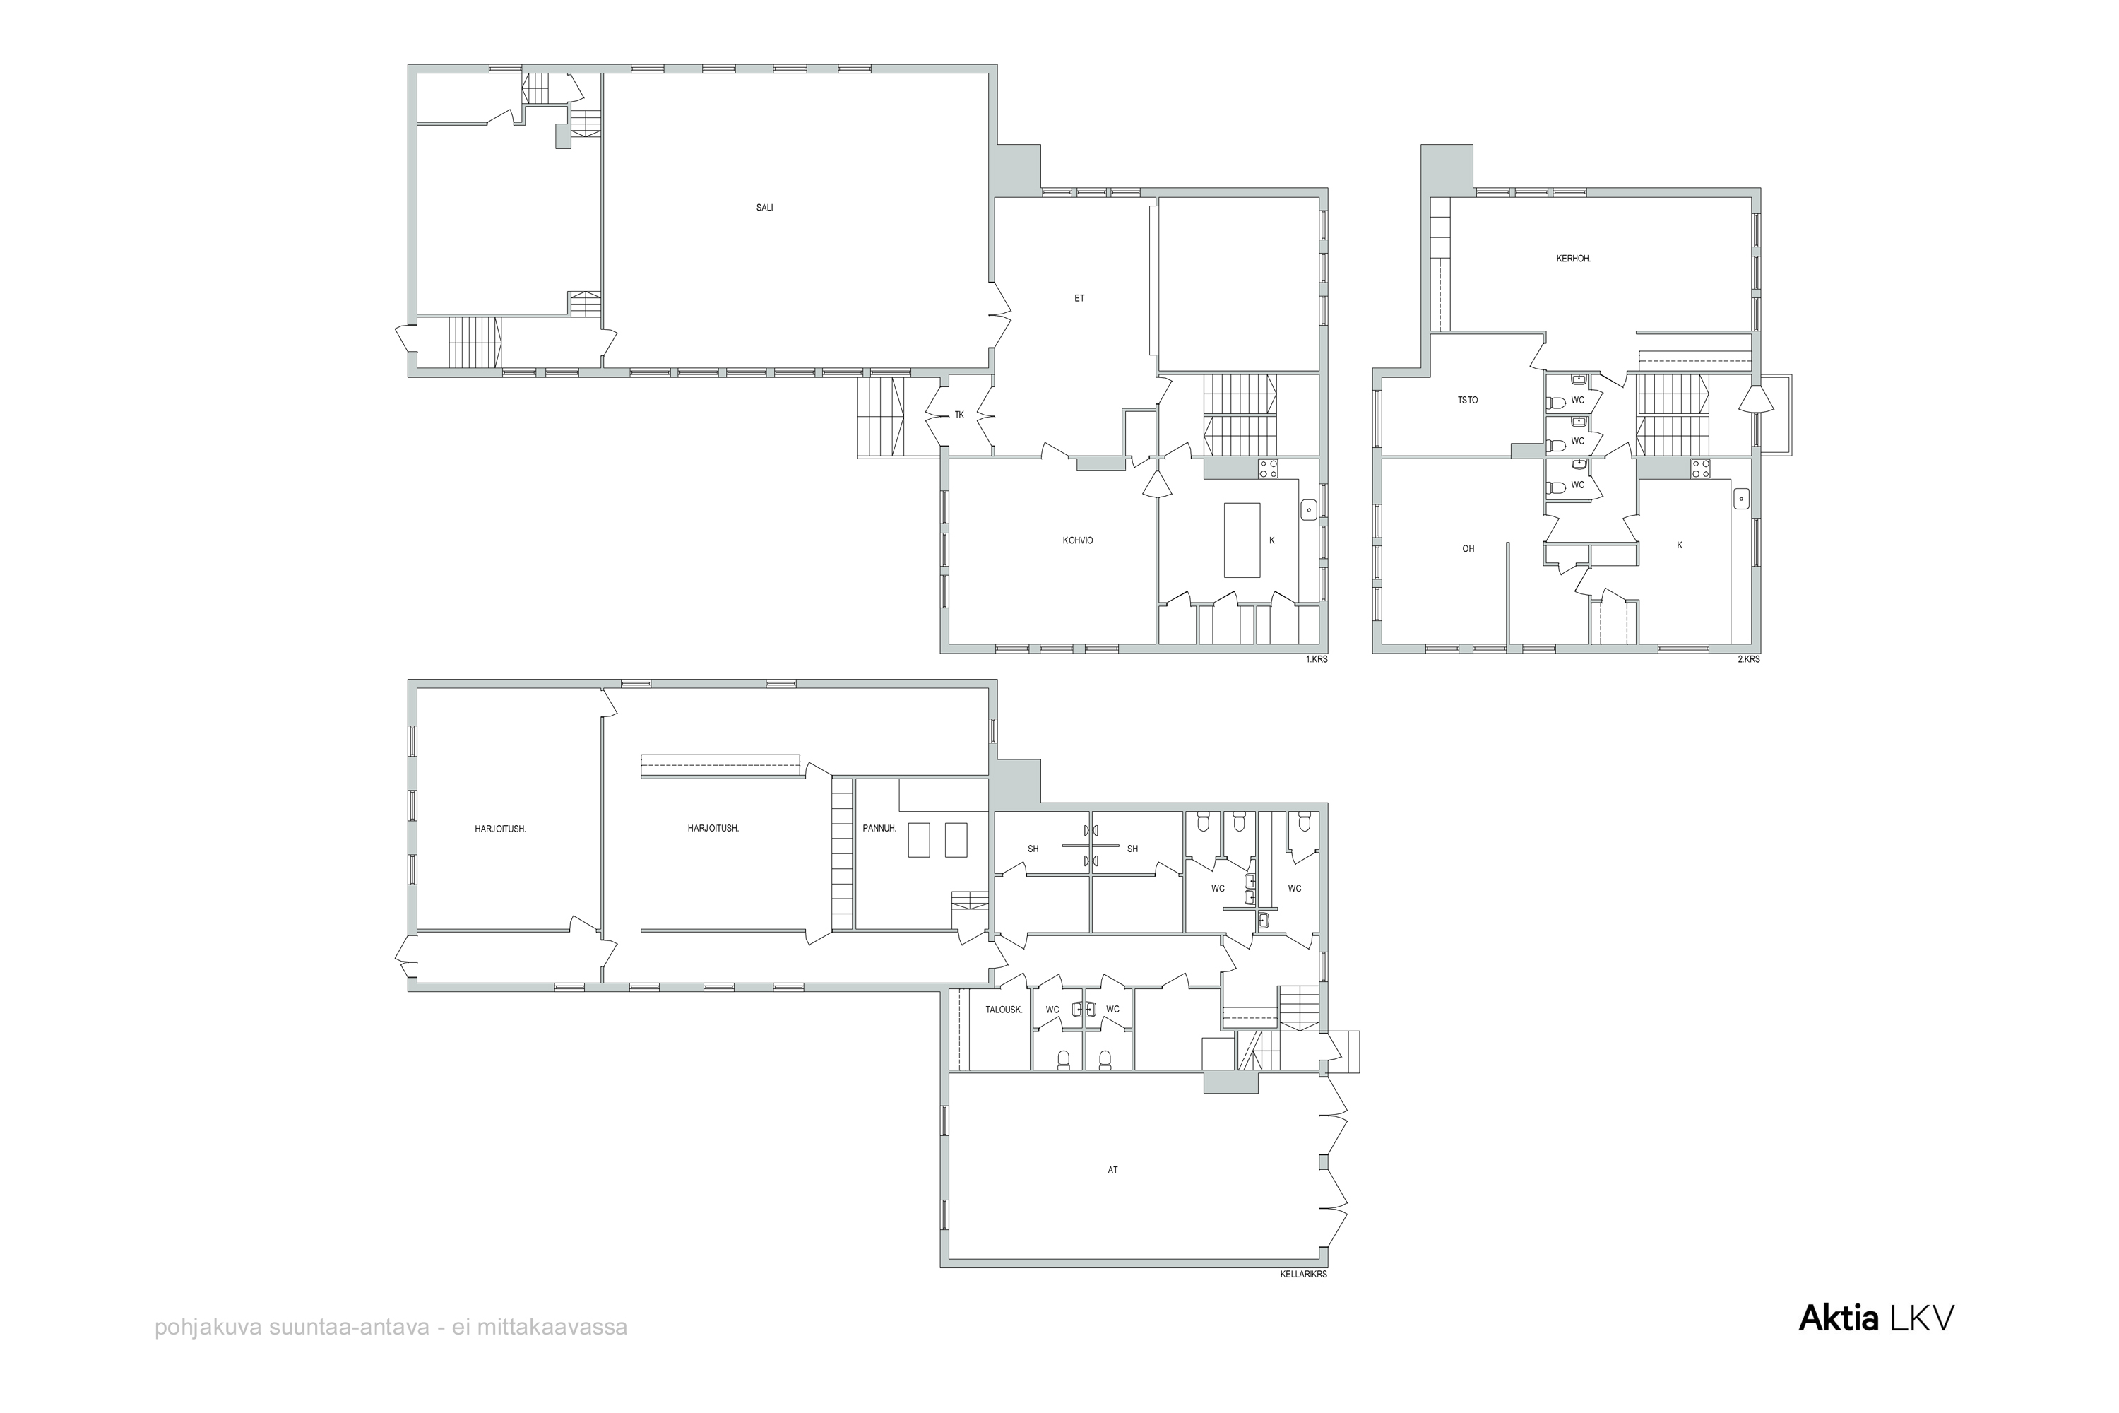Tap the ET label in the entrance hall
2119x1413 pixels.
coord(1079,298)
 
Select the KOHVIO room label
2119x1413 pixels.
coord(1078,540)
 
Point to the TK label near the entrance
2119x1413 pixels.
coord(959,415)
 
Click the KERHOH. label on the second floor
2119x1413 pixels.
coord(1574,259)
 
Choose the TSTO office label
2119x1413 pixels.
coord(1468,400)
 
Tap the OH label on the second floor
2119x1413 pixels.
coord(1468,549)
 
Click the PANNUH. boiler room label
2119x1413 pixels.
coord(879,828)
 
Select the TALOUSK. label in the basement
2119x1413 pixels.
coord(1004,1010)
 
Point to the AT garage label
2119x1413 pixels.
coord(1112,1171)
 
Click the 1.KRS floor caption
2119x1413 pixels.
coord(1317,660)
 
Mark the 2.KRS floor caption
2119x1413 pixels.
coord(1749,660)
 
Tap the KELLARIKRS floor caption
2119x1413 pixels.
coord(1304,1275)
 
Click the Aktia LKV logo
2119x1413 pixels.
coord(1877,1318)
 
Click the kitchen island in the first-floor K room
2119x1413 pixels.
coord(1242,540)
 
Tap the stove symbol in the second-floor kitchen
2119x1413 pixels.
coord(1701,468)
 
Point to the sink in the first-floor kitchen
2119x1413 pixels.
coord(1309,510)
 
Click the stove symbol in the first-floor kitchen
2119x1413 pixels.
coord(1269,468)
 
